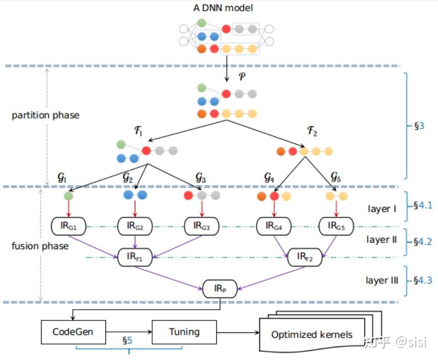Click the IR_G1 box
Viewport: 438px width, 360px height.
69,225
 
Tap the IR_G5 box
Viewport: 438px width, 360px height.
336,225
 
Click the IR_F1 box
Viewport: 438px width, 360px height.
135,257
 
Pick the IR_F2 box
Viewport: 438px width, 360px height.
305,257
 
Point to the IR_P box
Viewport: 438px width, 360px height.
220,289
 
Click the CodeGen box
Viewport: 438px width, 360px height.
73,332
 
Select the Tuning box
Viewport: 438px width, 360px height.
184,332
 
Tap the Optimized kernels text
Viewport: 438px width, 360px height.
311,335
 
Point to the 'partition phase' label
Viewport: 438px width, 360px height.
46,115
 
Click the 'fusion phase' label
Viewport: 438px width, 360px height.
40,246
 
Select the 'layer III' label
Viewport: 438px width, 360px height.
382,281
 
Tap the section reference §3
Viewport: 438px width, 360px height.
419,124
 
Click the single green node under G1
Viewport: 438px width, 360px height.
69,195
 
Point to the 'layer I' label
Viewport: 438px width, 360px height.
382,208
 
